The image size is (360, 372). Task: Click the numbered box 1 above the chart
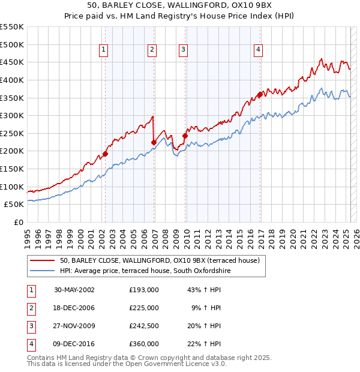pos(104,50)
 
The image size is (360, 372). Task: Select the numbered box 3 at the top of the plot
pos(183,50)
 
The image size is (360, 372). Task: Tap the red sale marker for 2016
pos(260,94)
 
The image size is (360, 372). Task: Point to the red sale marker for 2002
pos(105,154)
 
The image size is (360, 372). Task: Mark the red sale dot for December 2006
pos(154,142)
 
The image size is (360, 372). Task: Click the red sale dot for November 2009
pos(185,136)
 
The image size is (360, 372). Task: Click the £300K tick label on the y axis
pos(12,115)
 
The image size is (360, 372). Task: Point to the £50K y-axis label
pos(14,205)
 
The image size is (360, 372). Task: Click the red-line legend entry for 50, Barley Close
pos(159,260)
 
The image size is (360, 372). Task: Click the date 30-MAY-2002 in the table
pos(74,290)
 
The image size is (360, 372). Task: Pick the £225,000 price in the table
pos(144,308)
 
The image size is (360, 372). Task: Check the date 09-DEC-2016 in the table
pos(74,344)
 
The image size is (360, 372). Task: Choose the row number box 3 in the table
pos(30,326)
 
